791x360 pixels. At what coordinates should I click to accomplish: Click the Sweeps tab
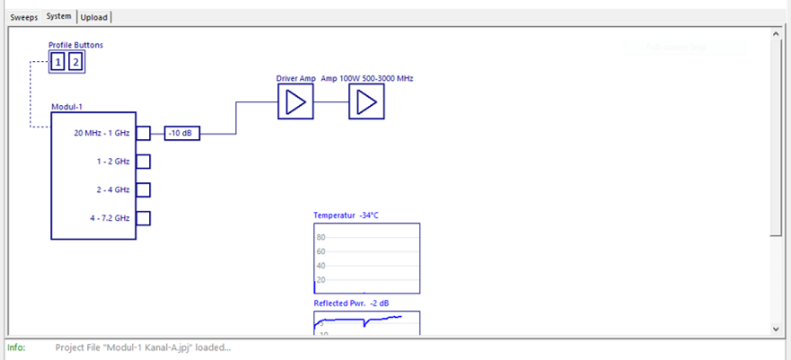coord(24,17)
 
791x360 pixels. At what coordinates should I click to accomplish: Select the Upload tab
coord(94,17)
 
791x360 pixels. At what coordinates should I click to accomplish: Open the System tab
coord(59,17)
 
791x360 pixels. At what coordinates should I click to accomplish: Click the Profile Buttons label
coord(75,45)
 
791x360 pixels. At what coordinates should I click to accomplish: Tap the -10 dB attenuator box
coord(183,134)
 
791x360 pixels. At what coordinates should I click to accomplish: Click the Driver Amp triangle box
coord(295,103)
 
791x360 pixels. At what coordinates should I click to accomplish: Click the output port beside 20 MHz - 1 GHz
coord(143,134)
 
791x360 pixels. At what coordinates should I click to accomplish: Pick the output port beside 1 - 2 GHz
coord(143,162)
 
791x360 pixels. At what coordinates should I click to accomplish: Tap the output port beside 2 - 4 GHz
coord(143,189)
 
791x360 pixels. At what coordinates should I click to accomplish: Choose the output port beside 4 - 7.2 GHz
coord(143,217)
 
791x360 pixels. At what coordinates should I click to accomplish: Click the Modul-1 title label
coord(67,107)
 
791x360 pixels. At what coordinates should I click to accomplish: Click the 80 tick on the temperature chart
coord(321,237)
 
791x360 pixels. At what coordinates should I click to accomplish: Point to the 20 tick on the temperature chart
coord(321,280)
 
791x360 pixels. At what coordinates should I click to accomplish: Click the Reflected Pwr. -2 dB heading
coord(351,303)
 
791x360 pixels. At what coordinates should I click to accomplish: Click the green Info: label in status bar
coord(16,347)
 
